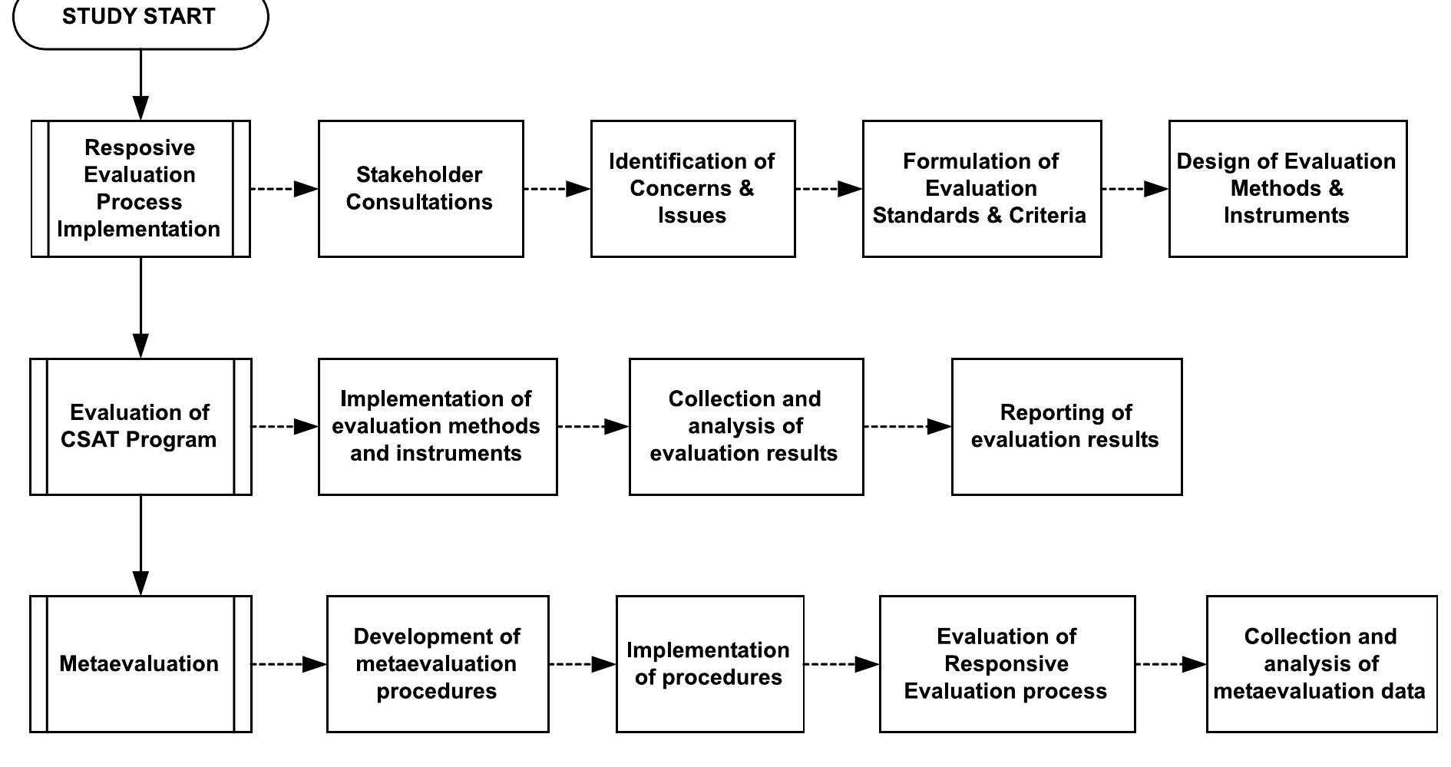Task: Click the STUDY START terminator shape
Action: [x=140, y=19]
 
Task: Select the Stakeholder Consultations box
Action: [x=421, y=188]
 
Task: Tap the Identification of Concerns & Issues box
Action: [x=692, y=188]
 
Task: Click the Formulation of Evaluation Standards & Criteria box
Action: [x=981, y=188]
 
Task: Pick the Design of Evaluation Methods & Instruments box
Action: [x=1287, y=188]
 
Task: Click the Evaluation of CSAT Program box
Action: [x=140, y=426]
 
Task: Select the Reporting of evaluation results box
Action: [x=1066, y=426]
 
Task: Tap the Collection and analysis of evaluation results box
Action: [x=745, y=426]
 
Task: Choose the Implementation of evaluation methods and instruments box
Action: [x=438, y=426]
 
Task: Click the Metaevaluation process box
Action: [x=140, y=663]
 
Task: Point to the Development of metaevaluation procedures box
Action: [x=438, y=663]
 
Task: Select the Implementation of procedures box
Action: [x=709, y=663]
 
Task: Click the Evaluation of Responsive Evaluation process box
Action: [x=1006, y=663]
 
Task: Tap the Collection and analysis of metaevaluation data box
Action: [x=1321, y=663]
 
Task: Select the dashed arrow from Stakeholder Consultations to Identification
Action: [x=557, y=188]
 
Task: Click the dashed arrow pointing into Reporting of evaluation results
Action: [x=907, y=426]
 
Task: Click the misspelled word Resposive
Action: [x=140, y=147]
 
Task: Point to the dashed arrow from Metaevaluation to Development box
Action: [x=289, y=663]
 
